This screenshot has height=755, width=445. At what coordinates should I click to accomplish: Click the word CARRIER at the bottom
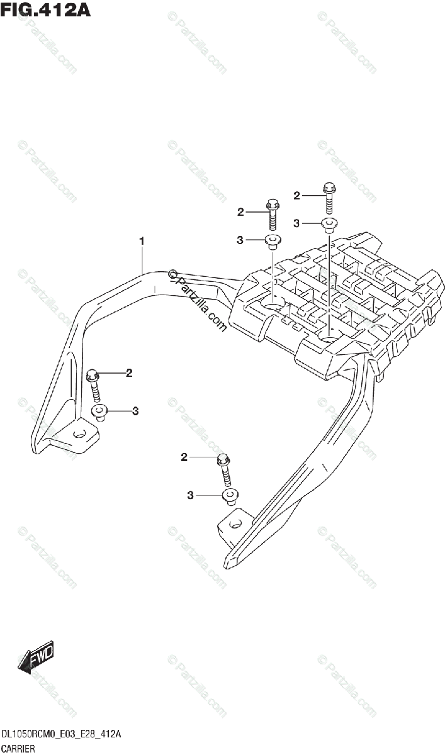[x=18, y=748]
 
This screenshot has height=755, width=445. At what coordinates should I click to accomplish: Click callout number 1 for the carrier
[x=142, y=240]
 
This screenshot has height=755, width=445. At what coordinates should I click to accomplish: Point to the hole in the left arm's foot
[x=79, y=433]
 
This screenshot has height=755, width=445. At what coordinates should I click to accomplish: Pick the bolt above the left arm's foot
[x=94, y=383]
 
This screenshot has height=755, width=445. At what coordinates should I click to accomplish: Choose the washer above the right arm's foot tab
[x=230, y=496]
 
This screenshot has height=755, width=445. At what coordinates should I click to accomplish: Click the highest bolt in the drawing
[x=329, y=196]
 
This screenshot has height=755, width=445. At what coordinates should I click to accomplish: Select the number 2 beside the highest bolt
[x=296, y=196]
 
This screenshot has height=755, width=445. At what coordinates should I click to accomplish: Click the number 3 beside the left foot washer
[x=135, y=411]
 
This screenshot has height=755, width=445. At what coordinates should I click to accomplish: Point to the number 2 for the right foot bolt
[x=184, y=457]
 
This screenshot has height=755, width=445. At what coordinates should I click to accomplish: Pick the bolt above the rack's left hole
[x=272, y=214]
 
